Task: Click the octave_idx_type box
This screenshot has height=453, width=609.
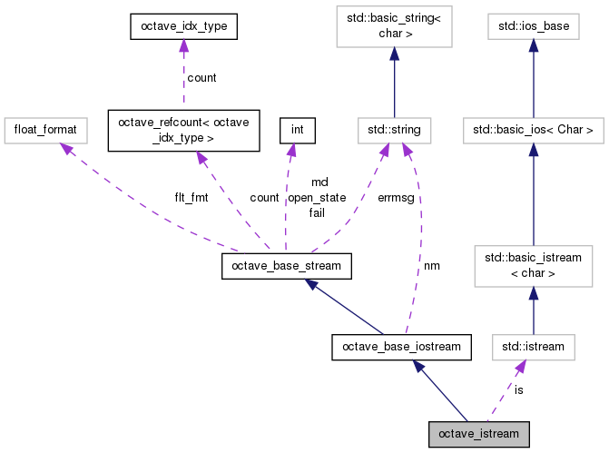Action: coord(183,26)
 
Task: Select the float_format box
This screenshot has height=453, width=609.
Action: coord(45,131)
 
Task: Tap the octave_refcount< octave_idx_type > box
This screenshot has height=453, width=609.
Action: coord(183,131)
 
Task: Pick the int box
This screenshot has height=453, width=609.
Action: coord(298,131)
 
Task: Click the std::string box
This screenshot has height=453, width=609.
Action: coord(394,131)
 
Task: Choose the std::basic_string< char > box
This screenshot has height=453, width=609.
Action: coord(394,26)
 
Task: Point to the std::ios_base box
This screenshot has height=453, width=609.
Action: coord(534,26)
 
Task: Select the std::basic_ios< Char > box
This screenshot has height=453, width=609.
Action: coord(534,131)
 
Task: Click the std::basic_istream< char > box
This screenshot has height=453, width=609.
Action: coord(534,266)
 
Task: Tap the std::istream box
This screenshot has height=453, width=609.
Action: coord(534,347)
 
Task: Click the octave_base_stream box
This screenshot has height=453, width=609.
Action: coord(287,266)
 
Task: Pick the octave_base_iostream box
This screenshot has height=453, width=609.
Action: coord(401,347)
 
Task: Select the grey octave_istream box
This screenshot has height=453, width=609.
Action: coord(479,434)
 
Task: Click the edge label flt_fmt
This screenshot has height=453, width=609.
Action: coord(192,198)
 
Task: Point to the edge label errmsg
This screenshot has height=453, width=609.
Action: coord(396,198)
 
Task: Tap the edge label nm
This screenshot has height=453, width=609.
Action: coord(432,266)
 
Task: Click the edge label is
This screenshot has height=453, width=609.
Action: coord(519,389)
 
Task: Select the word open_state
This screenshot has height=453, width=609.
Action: coord(317,198)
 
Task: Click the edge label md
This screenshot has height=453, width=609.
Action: coord(320,182)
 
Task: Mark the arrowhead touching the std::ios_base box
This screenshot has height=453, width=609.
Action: coord(534,45)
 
